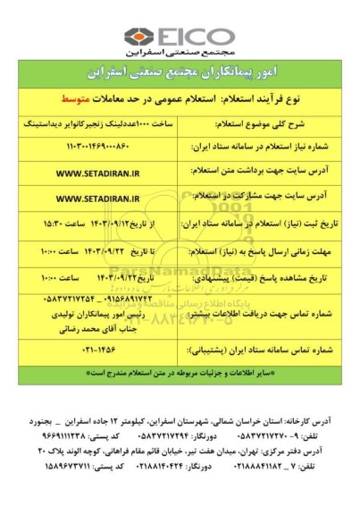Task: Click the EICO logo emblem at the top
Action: pyautogui.click(x=138, y=37)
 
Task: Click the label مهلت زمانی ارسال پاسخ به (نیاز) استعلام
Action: pyautogui.click(x=268, y=254)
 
